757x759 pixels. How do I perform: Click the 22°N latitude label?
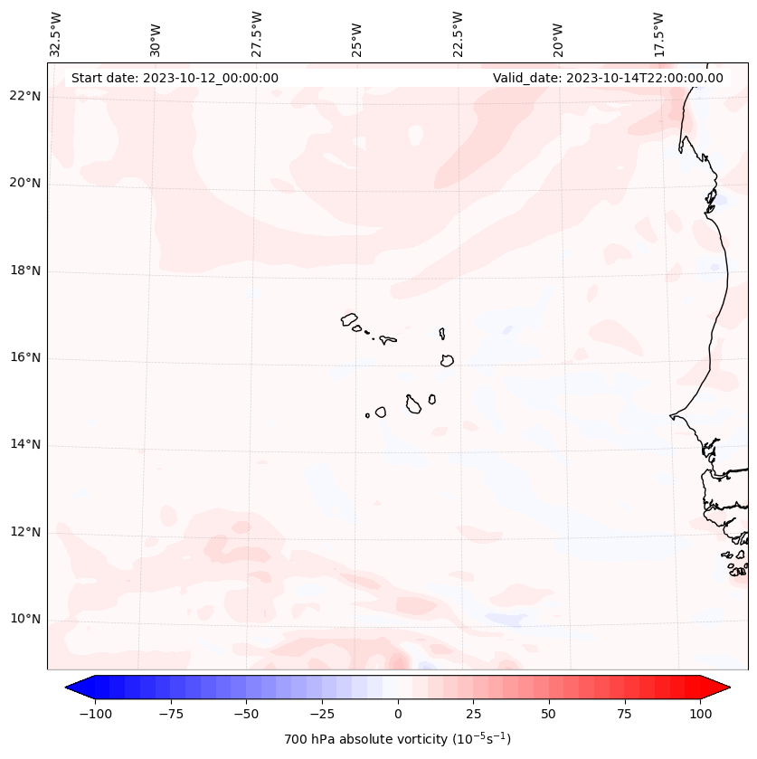click(25, 97)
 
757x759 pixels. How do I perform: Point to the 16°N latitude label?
click(25, 358)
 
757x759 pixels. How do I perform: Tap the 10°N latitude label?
click(25, 620)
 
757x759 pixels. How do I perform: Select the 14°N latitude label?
click(25, 445)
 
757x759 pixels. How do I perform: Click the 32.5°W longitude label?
click(56, 34)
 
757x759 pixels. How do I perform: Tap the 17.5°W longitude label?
click(659, 34)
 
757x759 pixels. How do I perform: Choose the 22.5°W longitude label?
click(458, 34)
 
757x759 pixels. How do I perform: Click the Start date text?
click(175, 78)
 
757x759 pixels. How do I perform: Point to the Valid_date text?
click(608, 78)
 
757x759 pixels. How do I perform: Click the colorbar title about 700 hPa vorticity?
click(397, 740)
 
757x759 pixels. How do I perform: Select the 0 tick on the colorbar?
click(398, 714)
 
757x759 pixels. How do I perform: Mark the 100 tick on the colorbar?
click(700, 714)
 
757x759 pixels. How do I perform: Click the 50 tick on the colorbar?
click(549, 714)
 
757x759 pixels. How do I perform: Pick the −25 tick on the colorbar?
click(322, 714)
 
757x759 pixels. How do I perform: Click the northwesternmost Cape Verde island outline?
click(350, 319)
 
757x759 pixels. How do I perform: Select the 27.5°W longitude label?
click(257, 34)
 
